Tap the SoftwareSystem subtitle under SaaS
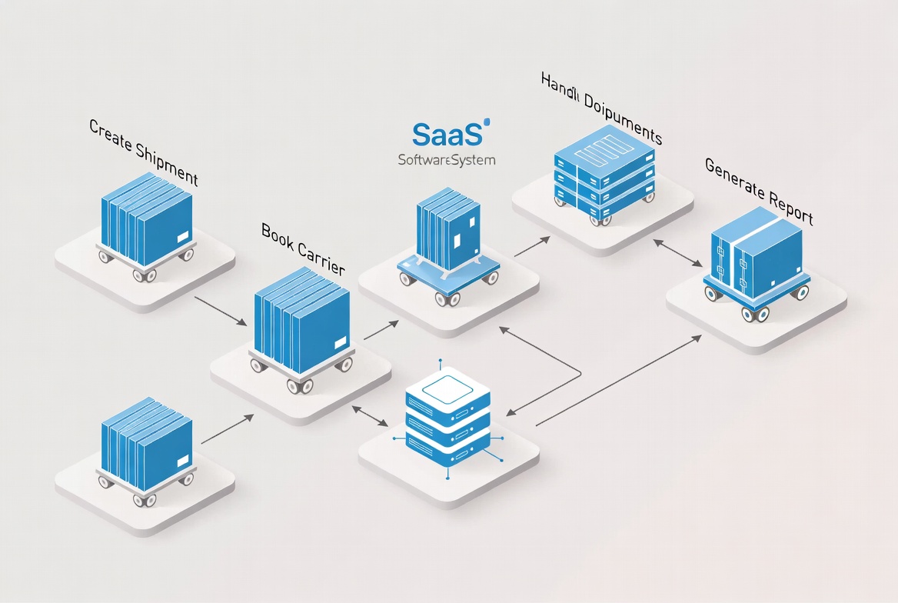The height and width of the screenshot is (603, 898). (x=447, y=161)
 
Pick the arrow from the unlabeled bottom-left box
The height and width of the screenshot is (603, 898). (x=227, y=429)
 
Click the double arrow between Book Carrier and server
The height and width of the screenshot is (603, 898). (x=370, y=415)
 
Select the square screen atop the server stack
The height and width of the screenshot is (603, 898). (x=447, y=387)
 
